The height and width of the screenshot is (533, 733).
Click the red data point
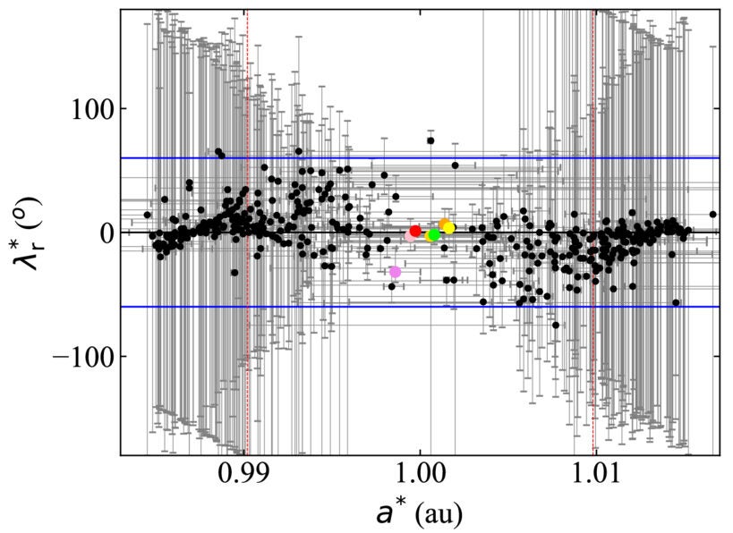(415, 231)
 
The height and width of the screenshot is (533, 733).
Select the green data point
(433, 235)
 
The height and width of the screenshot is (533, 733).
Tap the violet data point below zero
(396, 271)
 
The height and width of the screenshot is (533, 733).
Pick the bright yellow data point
(449, 228)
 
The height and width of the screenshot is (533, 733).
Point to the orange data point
(444, 224)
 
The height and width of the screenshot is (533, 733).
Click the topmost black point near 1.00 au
(430, 140)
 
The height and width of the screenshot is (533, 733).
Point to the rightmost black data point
(713, 215)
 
